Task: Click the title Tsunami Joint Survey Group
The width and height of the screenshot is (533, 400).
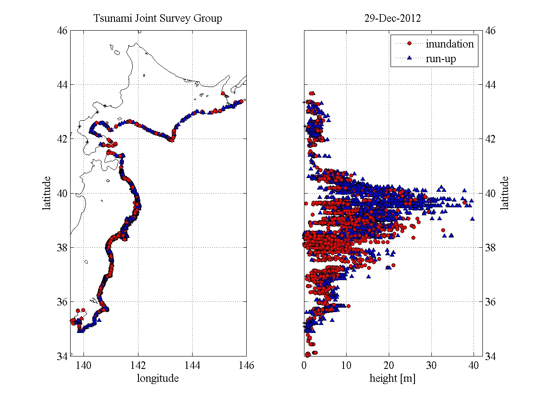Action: [x=158, y=19]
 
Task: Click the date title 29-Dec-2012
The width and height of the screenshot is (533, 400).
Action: [x=393, y=19]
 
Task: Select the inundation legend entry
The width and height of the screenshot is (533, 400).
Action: [x=450, y=44]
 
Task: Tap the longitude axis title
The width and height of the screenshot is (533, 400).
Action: [x=158, y=378]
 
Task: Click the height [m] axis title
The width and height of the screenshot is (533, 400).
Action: [x=393, y=378]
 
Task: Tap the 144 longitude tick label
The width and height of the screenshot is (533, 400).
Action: [x=192, y=365]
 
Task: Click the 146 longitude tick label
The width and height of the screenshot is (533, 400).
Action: [x=246, y=365]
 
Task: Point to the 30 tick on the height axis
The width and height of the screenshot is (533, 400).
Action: [x=431, y=365]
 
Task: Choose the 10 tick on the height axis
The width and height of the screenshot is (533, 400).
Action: [x=347, y=365]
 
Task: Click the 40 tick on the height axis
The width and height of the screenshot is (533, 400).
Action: [x=474, y=365]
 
